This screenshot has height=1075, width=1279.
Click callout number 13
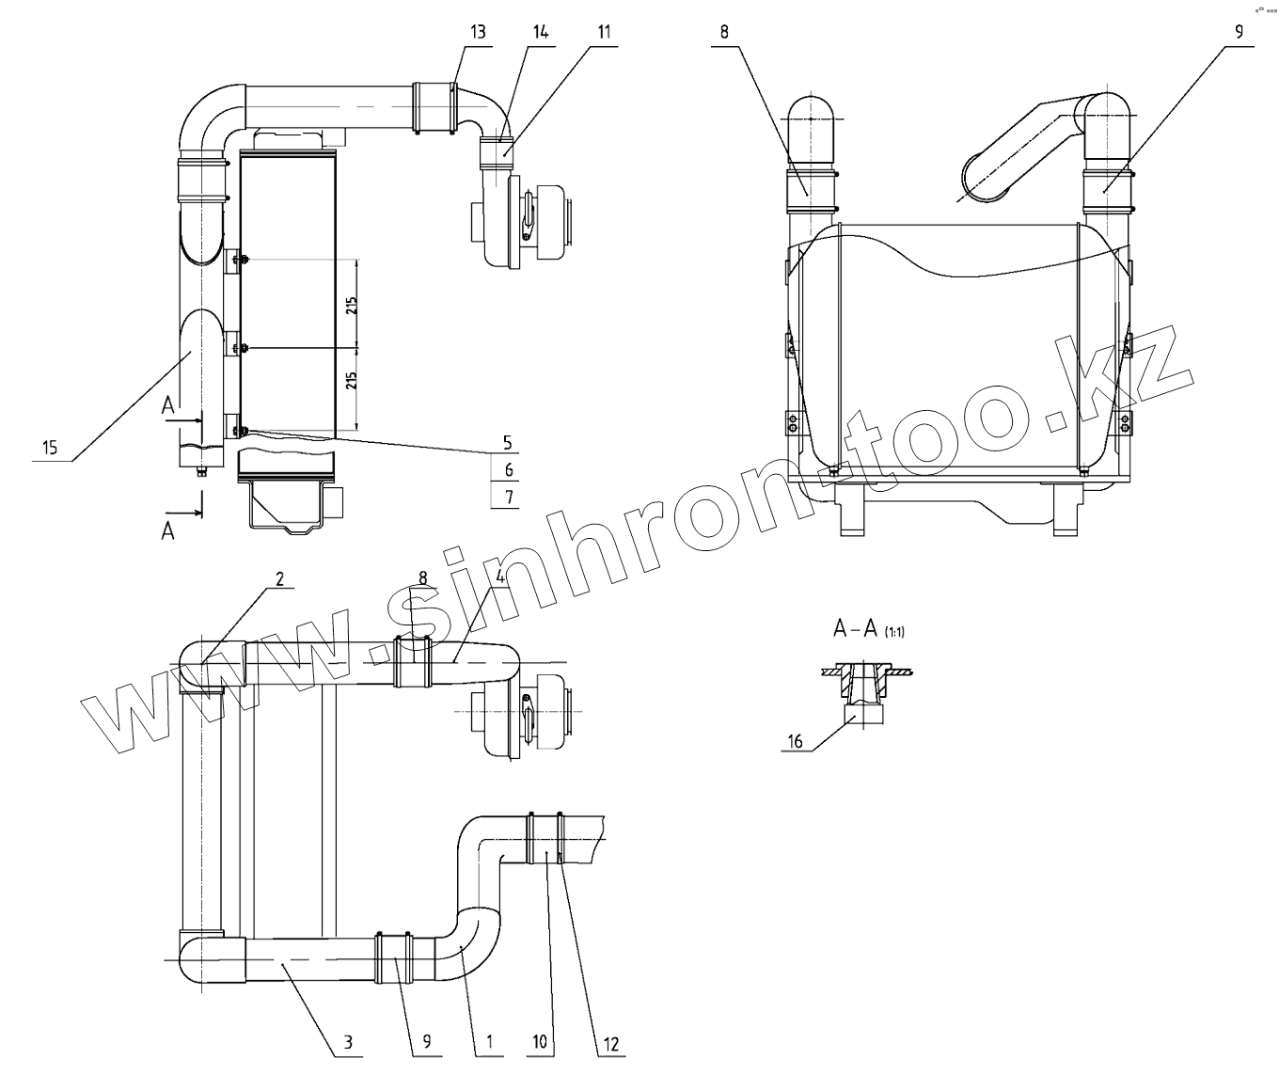(478, 31)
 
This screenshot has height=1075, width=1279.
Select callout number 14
(540, 31)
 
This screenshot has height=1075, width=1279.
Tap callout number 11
(603, 31)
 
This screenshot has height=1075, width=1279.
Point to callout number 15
(50, 448)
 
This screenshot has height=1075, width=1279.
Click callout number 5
(508, 442)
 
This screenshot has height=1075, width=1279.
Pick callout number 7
(508, 498)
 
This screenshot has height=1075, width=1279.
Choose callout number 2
(279, 579)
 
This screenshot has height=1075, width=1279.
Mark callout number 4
(501, 577)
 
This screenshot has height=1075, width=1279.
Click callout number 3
(347, 1041)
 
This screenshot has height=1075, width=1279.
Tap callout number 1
(489, 1041)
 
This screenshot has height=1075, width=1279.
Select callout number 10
(540, 1041)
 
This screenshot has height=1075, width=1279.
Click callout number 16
(796, 742)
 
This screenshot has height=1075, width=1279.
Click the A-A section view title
(855, 629)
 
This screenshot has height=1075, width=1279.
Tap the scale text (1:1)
(893, 633)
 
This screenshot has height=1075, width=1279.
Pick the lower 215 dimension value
(350, 382)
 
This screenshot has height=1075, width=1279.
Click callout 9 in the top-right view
(1239, 31)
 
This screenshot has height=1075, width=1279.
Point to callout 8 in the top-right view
(724, 31)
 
